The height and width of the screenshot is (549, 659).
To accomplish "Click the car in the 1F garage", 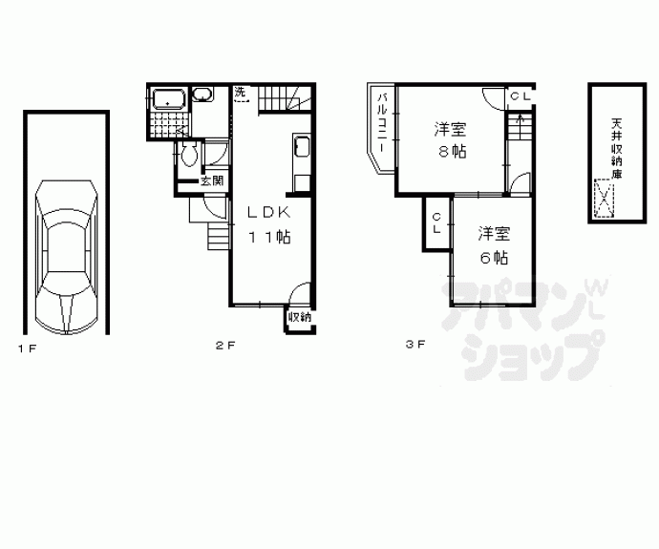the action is click(67, 257).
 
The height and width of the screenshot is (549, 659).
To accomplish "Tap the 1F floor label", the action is click(28, 348).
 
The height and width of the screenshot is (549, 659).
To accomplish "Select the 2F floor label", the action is click(225, 346).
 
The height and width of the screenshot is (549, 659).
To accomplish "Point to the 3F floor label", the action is click(415, 345).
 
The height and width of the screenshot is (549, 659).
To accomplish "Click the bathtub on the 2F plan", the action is click(168, 99).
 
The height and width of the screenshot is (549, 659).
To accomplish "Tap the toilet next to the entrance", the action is click(189, 154).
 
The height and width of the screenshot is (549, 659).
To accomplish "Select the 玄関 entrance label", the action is click(212, 181).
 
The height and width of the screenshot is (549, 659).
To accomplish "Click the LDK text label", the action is click(269, 213).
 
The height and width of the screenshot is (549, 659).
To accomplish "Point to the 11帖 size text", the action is click(270, 238).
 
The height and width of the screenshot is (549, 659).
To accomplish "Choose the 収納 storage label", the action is click(300, 317).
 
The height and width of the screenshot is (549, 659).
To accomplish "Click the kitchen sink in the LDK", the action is click(302, 146).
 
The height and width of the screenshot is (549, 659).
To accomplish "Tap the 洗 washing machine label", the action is click(240, 92).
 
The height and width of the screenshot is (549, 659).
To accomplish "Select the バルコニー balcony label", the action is click(382, 122).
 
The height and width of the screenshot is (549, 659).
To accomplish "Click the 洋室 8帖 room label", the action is click(451, 139).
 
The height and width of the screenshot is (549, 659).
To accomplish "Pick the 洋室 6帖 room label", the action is click(495, 245).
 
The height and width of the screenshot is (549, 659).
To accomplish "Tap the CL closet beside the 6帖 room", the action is click(437, 223).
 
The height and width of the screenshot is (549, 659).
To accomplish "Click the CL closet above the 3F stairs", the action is click(521, 96).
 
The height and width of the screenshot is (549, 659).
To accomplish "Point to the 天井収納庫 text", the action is click(617, 149).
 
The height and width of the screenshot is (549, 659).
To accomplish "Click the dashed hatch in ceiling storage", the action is click(605, 199).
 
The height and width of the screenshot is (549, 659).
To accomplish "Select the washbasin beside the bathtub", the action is click(203, 95).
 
